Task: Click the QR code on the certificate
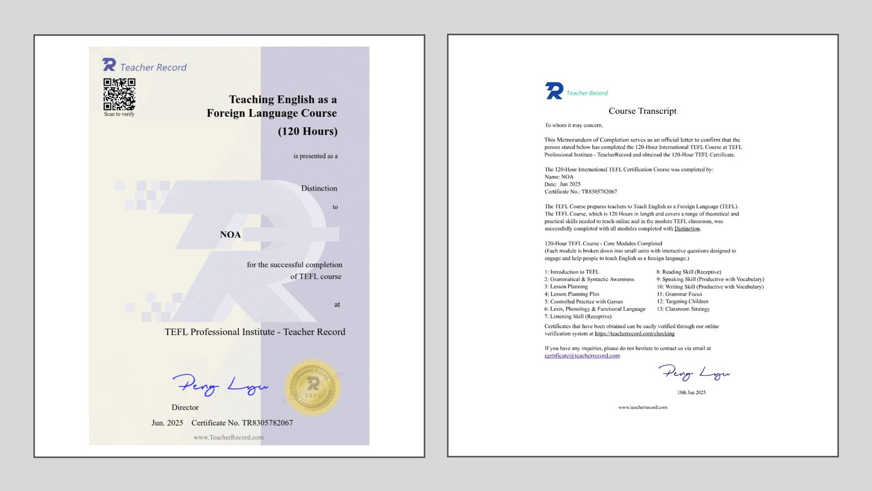119,94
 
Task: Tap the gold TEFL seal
312,388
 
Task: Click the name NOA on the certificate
230,235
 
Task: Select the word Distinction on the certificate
319,188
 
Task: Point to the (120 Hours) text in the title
307,131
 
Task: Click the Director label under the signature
185,408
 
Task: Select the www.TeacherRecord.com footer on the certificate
228,437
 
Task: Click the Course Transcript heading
643,111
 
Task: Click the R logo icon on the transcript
554,91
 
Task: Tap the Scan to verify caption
119,114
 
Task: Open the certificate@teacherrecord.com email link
582,356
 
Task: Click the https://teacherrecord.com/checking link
634,333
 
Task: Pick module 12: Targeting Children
682,301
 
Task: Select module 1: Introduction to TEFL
571,272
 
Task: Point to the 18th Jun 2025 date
691,392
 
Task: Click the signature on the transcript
693,374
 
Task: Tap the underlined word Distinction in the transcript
687,229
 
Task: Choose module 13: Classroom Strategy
683,309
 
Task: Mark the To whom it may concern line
574,125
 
